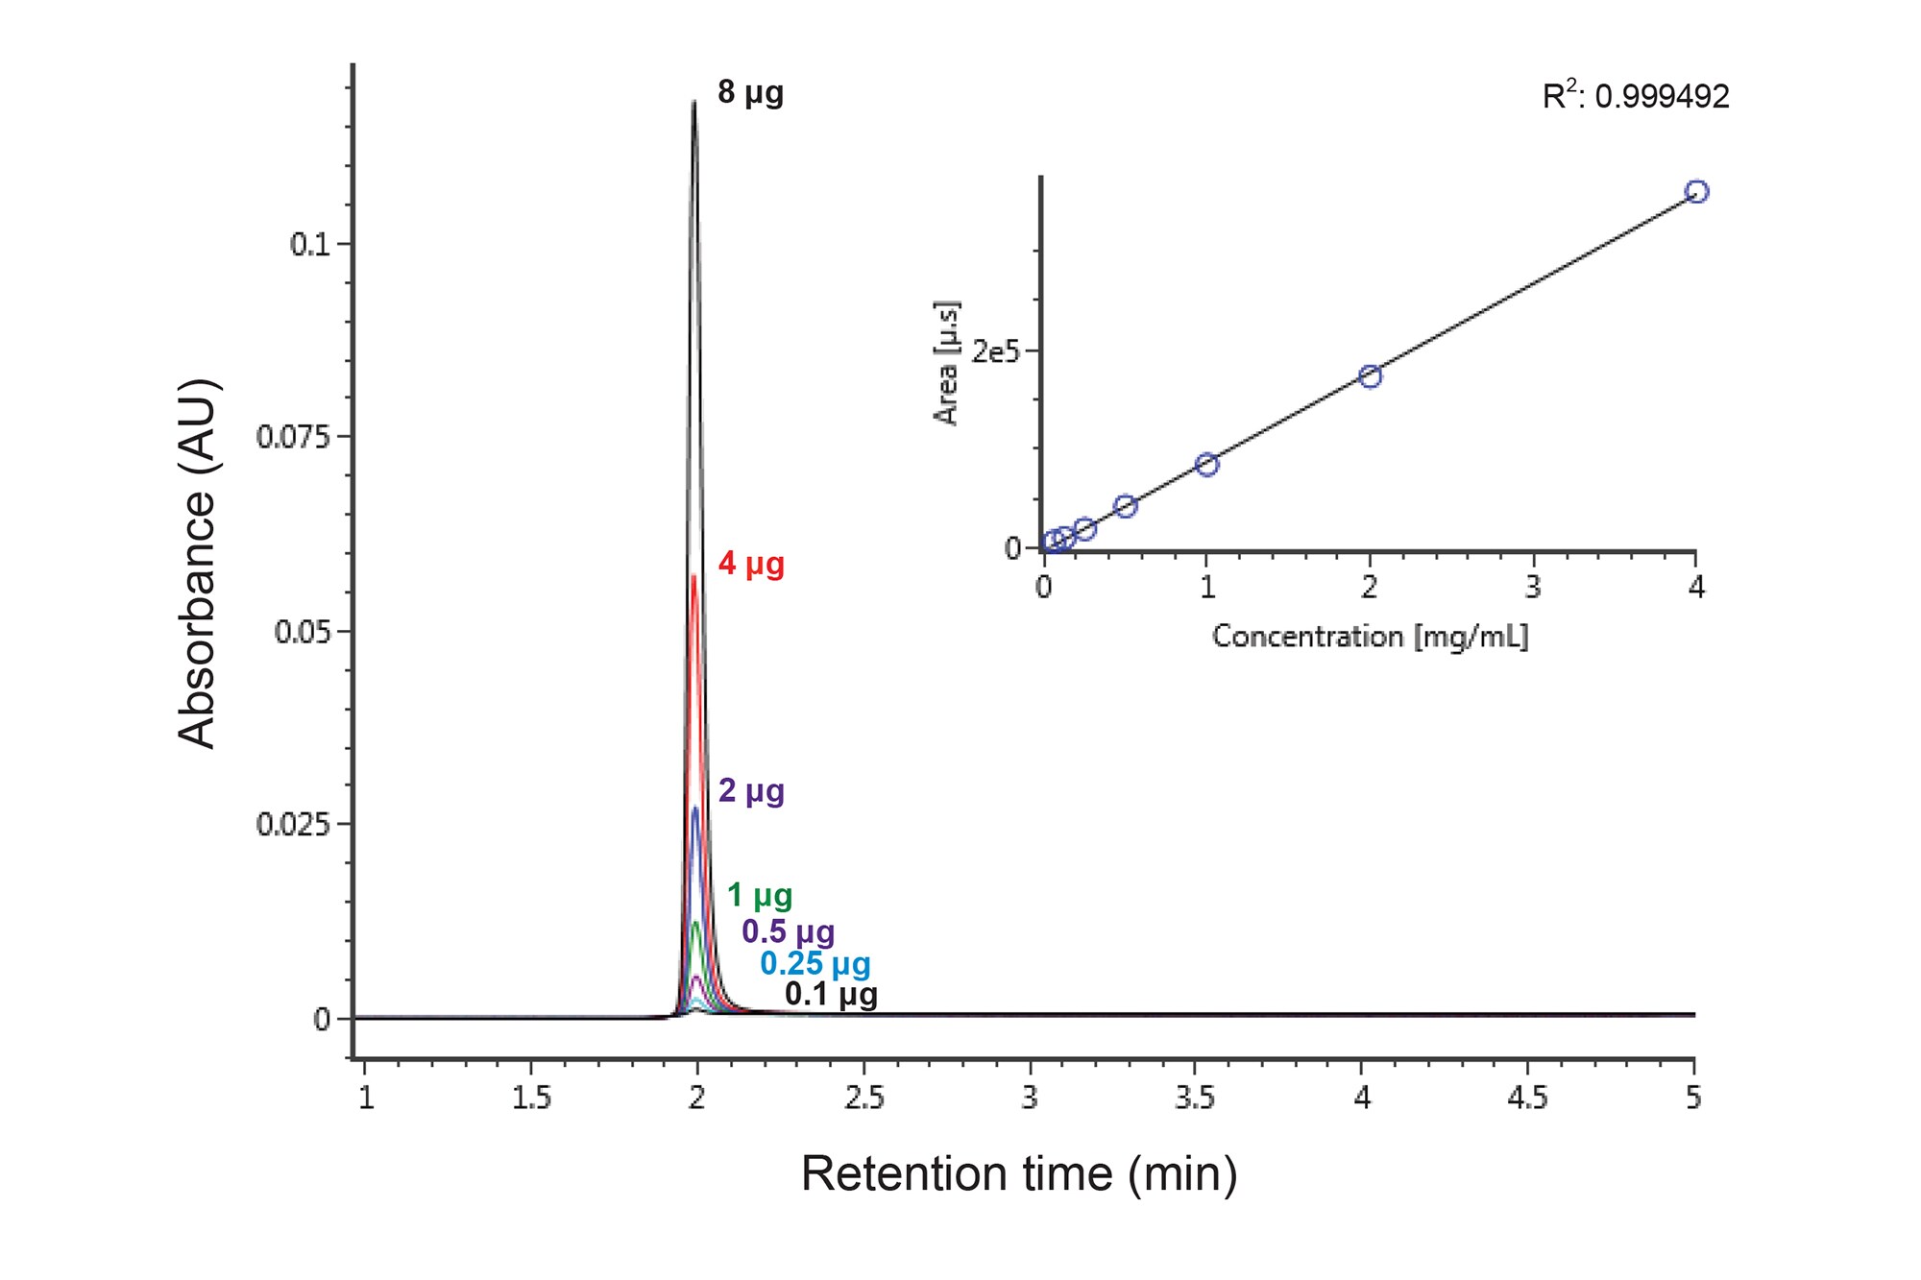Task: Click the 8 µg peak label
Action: click(x=750, y=93)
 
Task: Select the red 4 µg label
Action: click(x=751, y=564)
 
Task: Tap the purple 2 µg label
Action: click(x=751, y=791)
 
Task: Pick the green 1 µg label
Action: click(x=759, y=896)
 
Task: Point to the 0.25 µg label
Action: click(x=815, y=964)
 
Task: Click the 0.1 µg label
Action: click(x=831, y=995)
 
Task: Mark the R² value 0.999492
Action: click(x=1636, y=96)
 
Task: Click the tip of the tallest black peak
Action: click(x=694, y=102)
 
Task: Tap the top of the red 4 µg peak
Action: click(x=694, y=576)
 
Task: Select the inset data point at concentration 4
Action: click(x=1697, y=192)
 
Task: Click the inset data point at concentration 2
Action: click(x=1371, y=376)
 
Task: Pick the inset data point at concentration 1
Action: click(x=1207, y=465)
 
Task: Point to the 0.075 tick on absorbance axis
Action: click(x=293, y=438)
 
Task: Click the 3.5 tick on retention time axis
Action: click(x=1195, y=1098)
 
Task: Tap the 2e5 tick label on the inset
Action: click(x=994, y=352)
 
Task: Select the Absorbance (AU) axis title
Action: click(x=198, y=564)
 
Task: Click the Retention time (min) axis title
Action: click(x=1019, y=1174)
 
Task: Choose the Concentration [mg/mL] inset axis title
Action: click(x=1370, y=637)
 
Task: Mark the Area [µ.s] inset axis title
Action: click(x=947, y=362)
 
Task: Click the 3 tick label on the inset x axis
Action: click(x=1533, y=587)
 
